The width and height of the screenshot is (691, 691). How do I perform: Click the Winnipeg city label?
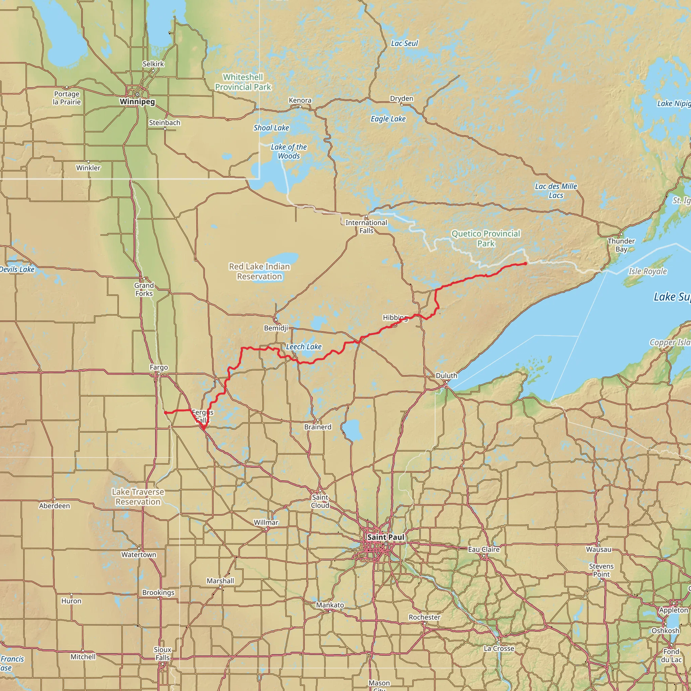tap(137, 102)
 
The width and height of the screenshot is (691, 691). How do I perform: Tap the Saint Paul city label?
tap(385, 537)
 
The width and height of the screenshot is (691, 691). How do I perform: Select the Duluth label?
tap(446, 376)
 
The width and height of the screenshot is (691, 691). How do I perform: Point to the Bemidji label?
tap(276, 328)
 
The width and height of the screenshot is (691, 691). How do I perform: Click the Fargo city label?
tap(159, 367)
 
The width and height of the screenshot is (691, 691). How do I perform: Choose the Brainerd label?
tap(317, 427)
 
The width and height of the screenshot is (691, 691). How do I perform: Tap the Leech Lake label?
tap(304, 347)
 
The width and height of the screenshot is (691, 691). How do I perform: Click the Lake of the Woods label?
tap(288, 151)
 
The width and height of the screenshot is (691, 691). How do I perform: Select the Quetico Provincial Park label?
tap(486, 239)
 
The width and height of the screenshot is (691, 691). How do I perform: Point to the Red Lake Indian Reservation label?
tap(259, 272)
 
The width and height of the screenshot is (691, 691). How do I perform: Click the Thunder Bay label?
tap(621, 245)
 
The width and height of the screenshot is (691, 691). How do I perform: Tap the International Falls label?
tap(366, 226)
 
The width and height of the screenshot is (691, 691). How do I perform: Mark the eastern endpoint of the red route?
tap(525, 264)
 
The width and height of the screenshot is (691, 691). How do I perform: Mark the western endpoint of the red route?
tap(165, 412)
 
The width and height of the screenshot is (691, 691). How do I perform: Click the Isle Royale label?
tap(647, 271)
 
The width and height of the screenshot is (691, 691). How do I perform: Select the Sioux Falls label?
tap(162, 654)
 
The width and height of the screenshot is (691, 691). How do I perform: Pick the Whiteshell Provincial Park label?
tap(243, 82)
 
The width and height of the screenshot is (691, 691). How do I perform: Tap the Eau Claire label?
tap(483, 549)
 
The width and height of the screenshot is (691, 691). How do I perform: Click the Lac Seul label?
tap(404, 43)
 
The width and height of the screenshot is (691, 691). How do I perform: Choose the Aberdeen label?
tap(54, 506)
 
